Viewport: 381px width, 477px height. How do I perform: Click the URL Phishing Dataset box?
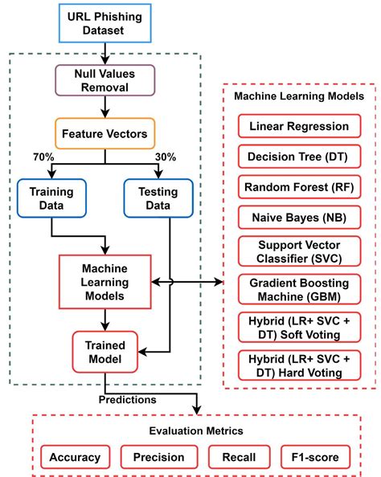(x=104, y=23)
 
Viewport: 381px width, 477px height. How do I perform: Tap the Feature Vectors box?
(x=104, y=134)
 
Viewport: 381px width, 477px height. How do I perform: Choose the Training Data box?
(x=52, y=198)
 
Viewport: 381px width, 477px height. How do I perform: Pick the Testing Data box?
(x=158, y=198)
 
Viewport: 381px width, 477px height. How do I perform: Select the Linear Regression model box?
(x=299, y=127)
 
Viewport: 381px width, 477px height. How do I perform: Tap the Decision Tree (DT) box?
(x=299, y=157)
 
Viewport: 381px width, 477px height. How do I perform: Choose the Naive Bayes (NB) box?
(x=299, y=216)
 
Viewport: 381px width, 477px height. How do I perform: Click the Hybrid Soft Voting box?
(x=299, y=327)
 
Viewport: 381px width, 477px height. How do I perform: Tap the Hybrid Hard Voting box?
(x=299, y=365)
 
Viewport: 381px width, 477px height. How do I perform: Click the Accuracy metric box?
(x=75, y=457)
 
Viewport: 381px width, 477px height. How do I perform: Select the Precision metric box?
(x=158, y=457)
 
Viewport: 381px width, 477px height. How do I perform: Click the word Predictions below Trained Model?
(x=127, y=398)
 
